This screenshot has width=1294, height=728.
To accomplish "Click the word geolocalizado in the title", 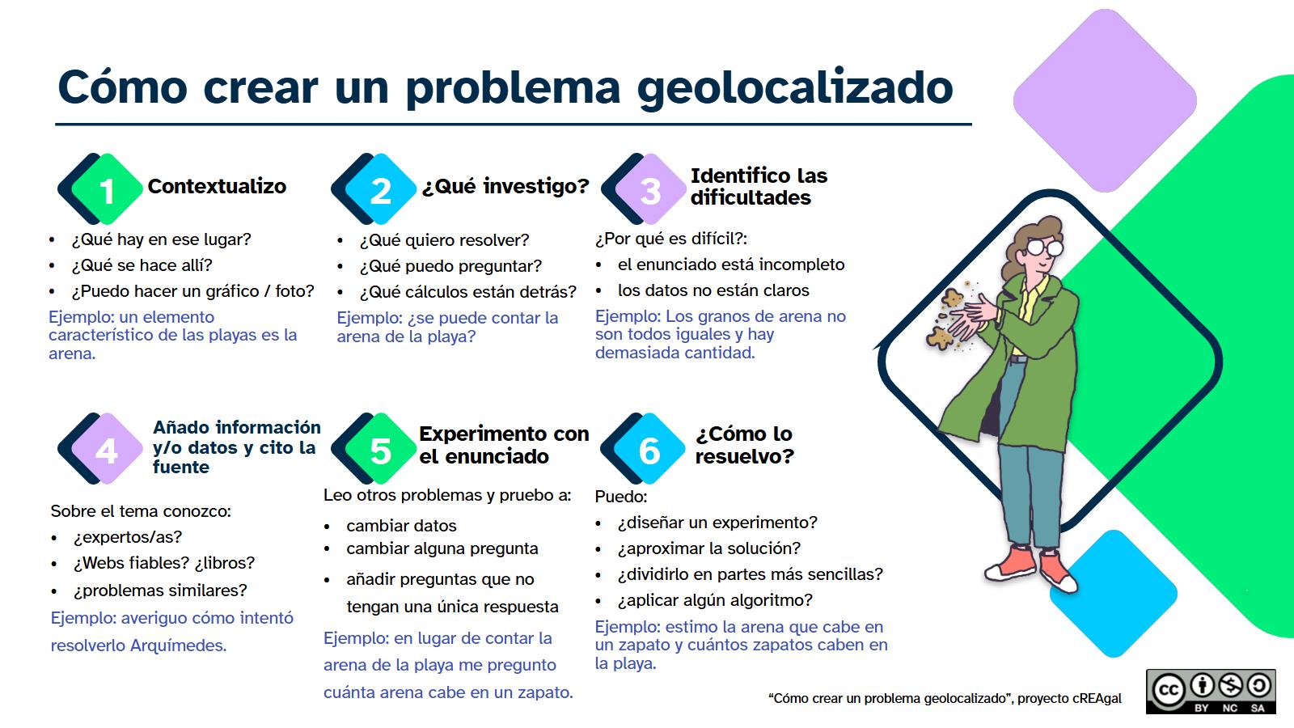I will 795,87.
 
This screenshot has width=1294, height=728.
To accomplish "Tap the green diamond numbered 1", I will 107,189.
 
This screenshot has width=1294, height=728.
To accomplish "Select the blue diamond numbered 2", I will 380,189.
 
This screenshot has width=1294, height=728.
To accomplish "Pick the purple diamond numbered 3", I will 650,189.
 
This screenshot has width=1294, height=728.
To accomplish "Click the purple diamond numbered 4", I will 107,449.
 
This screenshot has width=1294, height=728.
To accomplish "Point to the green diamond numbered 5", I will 380,449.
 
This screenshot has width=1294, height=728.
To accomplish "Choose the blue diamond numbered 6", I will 649,449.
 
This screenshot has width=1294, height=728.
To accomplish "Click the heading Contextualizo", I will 217,186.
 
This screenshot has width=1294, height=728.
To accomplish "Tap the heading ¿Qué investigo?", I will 505,186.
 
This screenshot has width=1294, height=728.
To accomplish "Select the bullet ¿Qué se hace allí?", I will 142,265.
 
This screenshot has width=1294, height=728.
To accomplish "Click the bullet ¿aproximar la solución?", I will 708,548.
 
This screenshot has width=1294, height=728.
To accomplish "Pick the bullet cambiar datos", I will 401,526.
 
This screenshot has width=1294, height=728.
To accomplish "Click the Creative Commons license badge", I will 1210,692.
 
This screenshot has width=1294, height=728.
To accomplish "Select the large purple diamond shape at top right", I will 1105,100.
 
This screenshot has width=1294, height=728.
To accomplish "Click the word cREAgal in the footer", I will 1097,698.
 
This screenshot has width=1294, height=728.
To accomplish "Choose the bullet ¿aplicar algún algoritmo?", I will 715,600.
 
